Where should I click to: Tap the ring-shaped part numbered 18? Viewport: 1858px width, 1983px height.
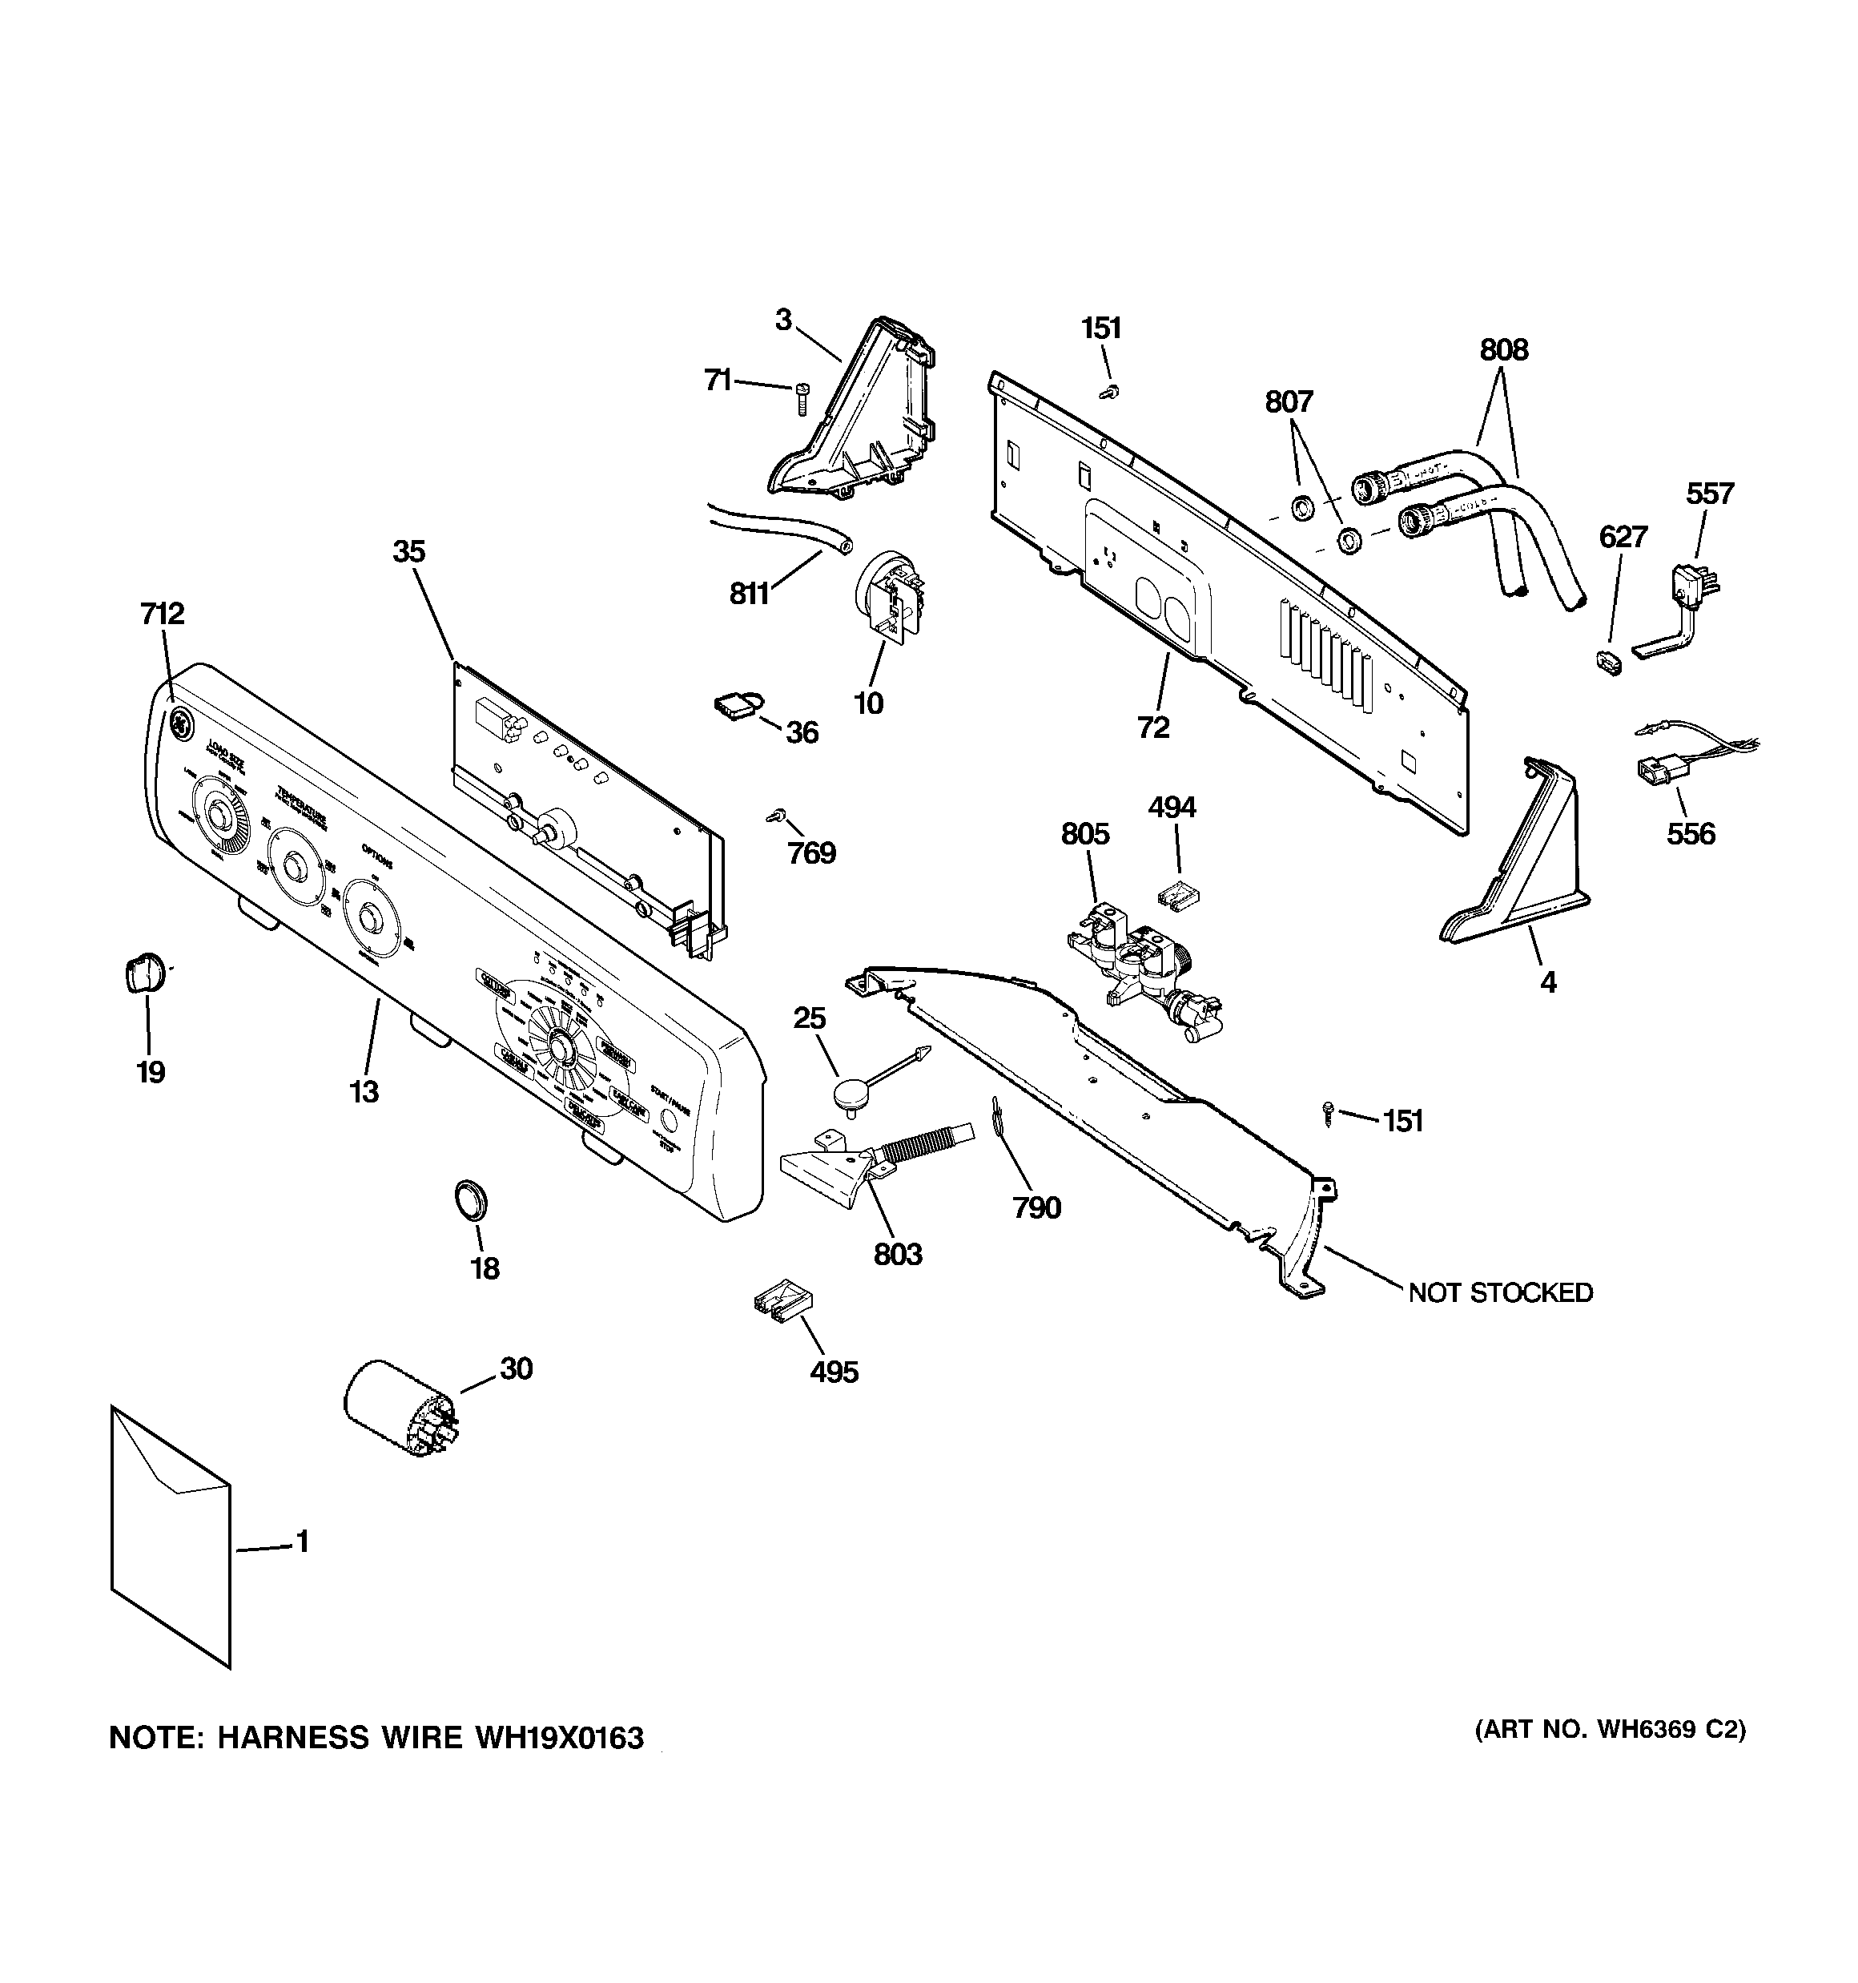[471, 1198]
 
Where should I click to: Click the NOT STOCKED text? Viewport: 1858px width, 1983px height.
[1500, 1292]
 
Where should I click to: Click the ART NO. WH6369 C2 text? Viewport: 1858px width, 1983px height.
[1610, 1730]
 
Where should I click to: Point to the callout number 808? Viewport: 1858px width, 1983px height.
[1503, 350]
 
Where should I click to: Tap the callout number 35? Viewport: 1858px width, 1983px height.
[409, 551]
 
